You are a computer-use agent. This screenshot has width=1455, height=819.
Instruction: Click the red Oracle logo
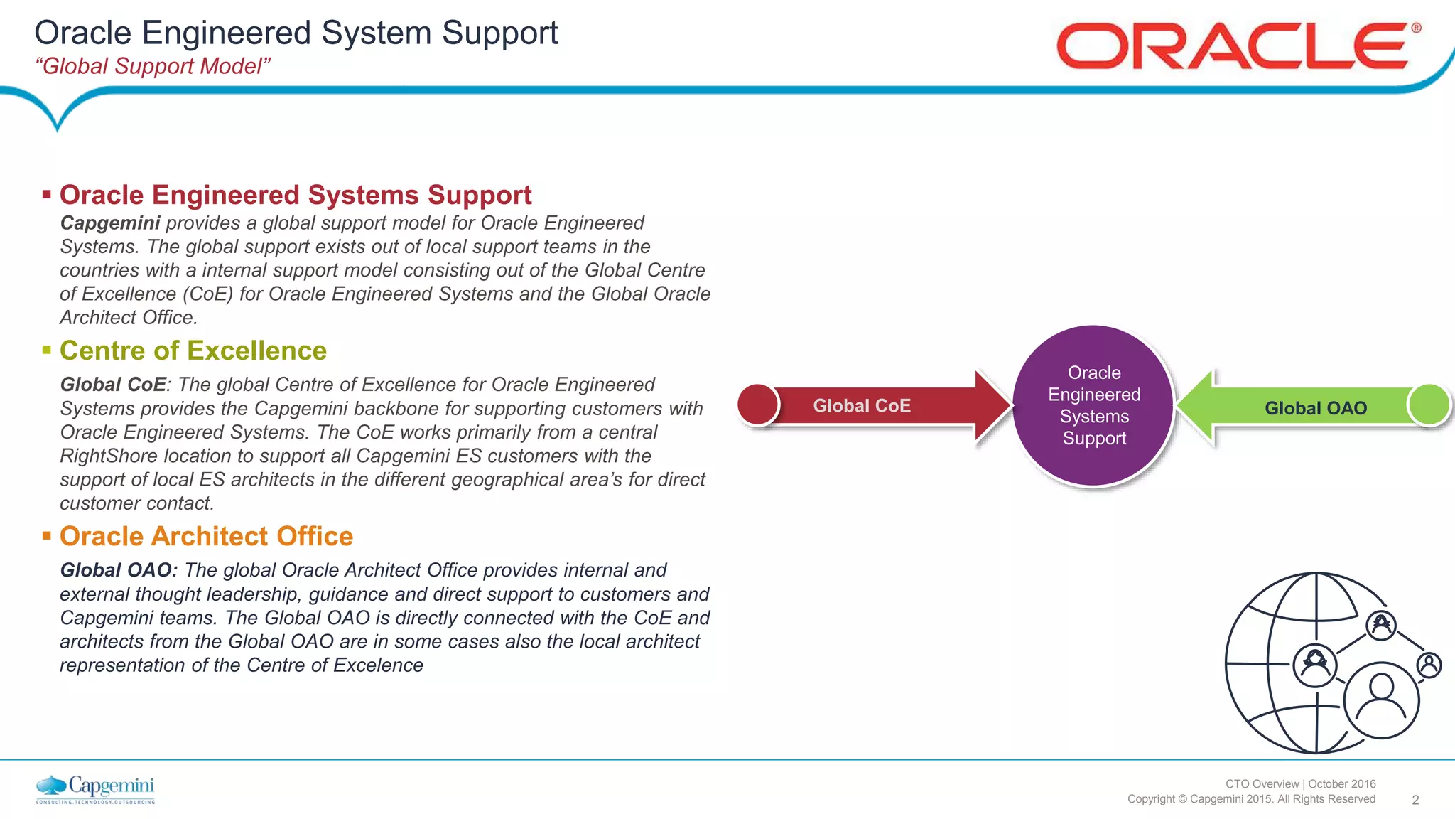(1236, 46)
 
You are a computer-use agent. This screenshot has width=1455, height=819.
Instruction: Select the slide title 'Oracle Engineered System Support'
(296, 33)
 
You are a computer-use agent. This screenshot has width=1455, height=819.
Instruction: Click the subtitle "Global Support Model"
(153, 66)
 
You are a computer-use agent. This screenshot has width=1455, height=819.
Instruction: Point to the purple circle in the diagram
(1093, 405)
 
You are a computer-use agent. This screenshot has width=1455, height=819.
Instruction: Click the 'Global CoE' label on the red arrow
(862, 406)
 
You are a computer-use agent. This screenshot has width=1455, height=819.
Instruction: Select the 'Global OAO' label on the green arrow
(1316, 408)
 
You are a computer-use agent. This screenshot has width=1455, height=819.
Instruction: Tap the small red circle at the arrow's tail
(758, 405)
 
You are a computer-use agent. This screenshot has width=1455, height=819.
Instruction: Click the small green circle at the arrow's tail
(1429, 405)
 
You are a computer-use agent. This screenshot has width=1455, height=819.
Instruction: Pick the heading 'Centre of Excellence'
(193, 351)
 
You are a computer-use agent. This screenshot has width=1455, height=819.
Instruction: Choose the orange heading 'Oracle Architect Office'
(206, 537)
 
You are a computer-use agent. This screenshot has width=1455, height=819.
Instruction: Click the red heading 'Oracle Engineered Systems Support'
(296, 195)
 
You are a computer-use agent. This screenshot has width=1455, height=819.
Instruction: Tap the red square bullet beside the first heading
(47, 194)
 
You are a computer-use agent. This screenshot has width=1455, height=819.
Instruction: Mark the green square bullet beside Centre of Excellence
(47, 350)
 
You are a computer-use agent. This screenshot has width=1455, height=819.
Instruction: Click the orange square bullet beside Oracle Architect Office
(47, 535)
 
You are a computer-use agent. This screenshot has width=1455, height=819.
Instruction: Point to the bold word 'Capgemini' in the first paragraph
(110, 223)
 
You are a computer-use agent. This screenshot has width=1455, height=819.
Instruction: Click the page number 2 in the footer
(1415, 800)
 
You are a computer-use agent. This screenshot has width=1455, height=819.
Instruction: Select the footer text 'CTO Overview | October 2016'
(1300, 783)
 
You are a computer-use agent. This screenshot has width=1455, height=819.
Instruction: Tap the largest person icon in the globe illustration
(1381, 700)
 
